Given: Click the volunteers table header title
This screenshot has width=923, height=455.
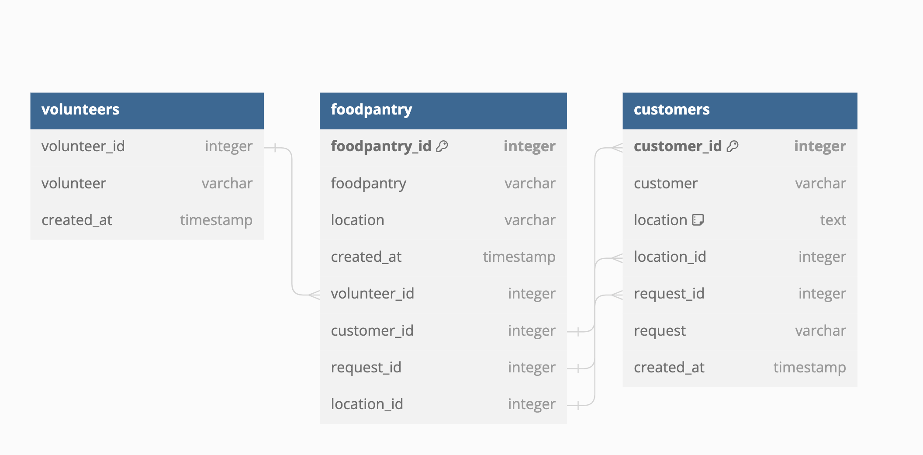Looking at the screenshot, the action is point(80,109).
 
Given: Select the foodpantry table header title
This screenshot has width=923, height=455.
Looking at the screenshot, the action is point(371,110).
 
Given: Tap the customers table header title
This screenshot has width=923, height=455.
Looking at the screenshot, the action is point(671,109).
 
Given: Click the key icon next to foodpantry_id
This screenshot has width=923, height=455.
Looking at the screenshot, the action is point(442,146).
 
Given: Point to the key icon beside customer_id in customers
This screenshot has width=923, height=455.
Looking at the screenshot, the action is point(733,146).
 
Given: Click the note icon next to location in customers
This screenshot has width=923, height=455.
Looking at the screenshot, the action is point(698,220).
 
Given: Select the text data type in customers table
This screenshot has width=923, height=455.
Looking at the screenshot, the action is point(833,220).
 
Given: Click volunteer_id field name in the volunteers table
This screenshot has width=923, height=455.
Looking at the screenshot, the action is point(83,146).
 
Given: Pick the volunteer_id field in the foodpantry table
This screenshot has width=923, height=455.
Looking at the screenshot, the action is point(372,293).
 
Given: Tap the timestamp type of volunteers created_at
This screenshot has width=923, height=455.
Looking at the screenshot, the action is point(216,220).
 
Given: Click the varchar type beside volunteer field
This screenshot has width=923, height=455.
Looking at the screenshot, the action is point(227,183).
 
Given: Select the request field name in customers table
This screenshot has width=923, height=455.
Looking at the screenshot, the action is point(660,331).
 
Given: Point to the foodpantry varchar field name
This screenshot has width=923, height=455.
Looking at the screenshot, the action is point(368,184).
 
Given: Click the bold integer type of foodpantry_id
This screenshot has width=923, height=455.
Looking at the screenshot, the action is point(529,146).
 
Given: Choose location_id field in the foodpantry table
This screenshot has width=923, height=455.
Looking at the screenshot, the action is point(367,404).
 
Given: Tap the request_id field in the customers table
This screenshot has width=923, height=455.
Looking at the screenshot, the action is point(669,294).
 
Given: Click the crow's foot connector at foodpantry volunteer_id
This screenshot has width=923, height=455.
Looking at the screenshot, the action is point(314,295).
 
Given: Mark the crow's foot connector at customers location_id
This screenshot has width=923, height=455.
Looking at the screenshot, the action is point(617,258).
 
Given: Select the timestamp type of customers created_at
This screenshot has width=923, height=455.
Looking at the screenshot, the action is point(809,367).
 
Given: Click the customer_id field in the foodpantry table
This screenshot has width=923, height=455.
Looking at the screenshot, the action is point(372,330).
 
